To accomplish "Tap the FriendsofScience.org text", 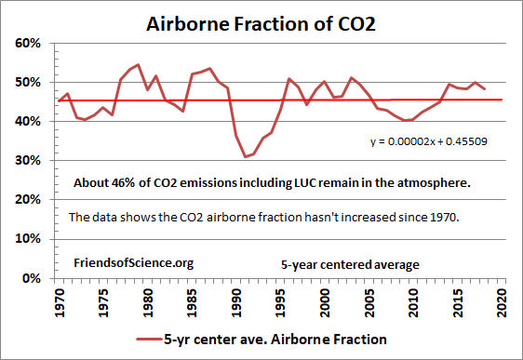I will point(133,263).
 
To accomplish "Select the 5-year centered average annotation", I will point(350,264).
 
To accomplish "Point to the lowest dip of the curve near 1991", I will point(246,156).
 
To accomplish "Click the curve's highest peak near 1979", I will point(138,65).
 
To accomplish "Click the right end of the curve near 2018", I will point(484,88).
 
